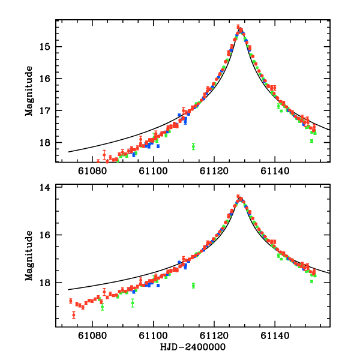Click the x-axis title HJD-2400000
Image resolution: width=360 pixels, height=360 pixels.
[x=193, y=347]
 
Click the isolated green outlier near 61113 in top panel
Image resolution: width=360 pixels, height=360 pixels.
[x=193, y=146]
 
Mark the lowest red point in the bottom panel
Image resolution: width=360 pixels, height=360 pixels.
[x=74, y=315]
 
